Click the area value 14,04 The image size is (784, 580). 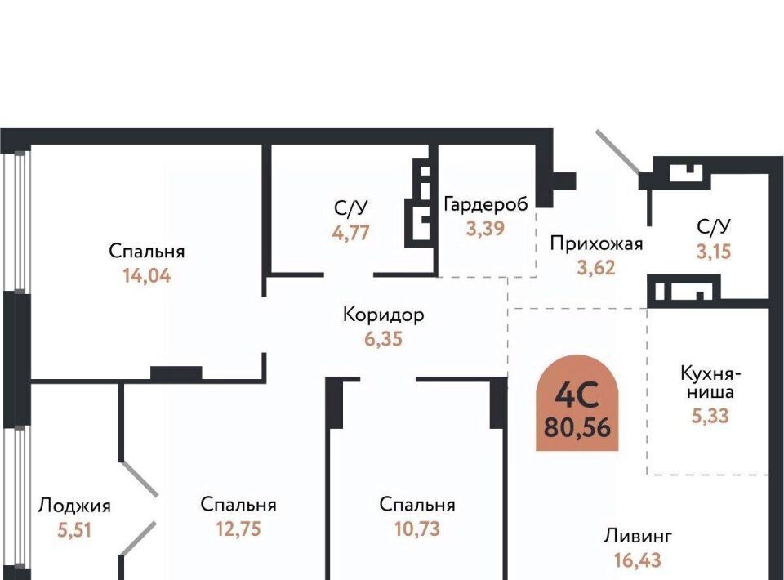pos(147,275)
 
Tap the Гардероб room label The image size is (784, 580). pos(486,204)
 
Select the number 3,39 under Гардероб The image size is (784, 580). pos(485,229)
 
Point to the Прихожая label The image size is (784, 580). pos(596,244)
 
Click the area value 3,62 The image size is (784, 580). pos(596,268)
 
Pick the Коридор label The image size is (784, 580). pos(384,315)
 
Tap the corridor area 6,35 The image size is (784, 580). pos(383,339)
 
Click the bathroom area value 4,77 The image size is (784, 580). pos(351,233)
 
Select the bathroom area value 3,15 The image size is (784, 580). pos(714,252)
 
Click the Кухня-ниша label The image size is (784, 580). pos(710,382)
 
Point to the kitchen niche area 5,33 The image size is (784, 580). pos(710,416)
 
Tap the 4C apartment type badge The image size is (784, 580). pos(577,403)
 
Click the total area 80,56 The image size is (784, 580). pos(577,428)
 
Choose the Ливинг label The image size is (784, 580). pos(638,536)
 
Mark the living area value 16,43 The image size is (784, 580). pos(638,560)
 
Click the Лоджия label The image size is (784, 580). pos(74,506)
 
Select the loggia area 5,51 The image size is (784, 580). pos(74,530)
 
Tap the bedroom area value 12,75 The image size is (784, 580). pos(238,529)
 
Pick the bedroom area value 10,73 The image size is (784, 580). pos(417,529)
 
